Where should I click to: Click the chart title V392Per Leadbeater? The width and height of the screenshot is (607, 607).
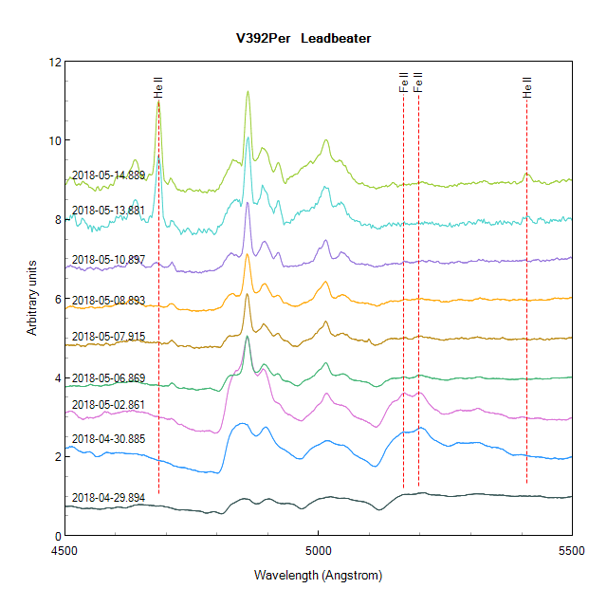303,39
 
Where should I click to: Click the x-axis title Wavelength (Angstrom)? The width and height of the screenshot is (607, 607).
318,576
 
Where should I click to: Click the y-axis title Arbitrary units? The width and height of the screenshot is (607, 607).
32,298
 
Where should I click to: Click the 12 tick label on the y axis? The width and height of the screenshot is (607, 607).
55,63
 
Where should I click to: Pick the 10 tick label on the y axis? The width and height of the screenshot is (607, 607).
55,141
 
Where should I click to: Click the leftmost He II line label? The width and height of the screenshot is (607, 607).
158,88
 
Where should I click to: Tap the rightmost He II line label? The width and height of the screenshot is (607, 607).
526,88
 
